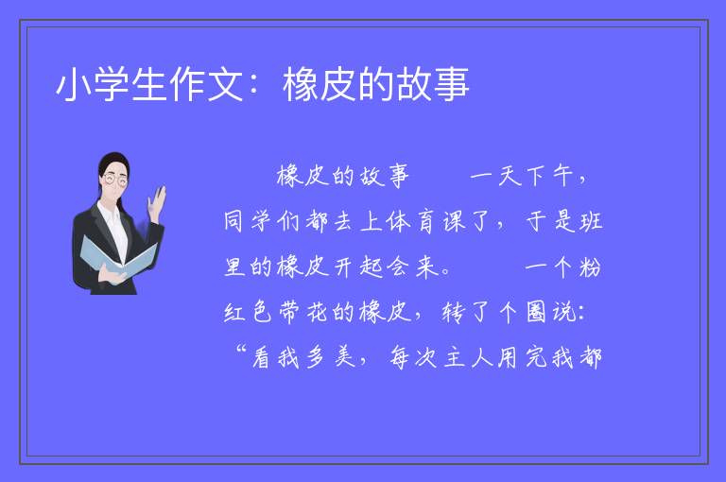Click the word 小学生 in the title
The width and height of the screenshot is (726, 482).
click(112, 84)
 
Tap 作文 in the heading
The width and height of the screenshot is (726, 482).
click(206, 84)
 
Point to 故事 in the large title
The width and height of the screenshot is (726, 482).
click(432, 84)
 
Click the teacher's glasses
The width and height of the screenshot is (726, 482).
click(114, 180)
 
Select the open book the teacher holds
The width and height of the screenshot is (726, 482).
click(118, 256)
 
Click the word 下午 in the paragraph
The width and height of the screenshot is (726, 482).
click(549, 177)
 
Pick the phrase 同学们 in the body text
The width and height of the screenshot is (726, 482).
click(262, 221)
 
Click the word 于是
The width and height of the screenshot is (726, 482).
click(551, 221)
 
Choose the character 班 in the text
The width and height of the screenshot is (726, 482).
click(591, 221)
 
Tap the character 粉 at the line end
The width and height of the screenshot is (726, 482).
click(590, 267)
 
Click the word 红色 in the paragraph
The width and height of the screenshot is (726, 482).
click(249, 312)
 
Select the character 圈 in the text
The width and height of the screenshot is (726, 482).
click(536, 312)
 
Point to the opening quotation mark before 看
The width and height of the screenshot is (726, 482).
click(241, 349)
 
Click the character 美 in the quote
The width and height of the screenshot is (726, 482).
click(344, 357)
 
